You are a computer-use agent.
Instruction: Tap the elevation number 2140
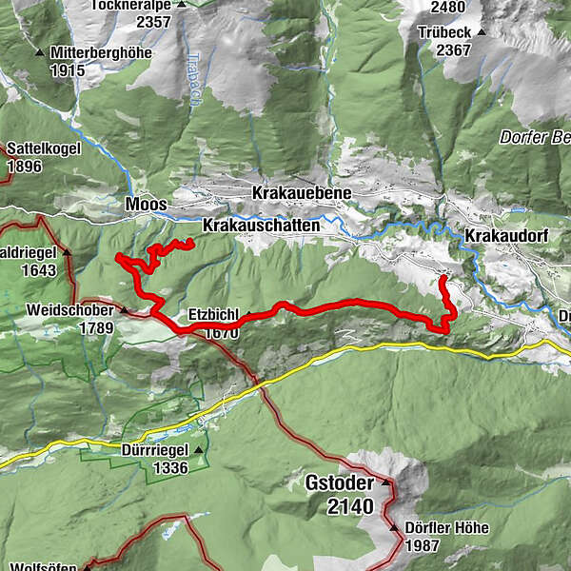pyautogui.click(x=349, y=506)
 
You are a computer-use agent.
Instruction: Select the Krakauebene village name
pyautogui.click(x=302, y=193)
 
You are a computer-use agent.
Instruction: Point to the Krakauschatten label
pyautogui.click(x=261, y=226)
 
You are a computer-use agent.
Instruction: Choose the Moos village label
pyautogui.click(x=146, y=205)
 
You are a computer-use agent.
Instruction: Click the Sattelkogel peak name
pyautogui.click(x=44, y=149)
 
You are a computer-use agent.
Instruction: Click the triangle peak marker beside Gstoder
pyautogui.click(x=386, y=483)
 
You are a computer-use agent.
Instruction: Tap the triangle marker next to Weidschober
pyautogui.click(x=122, y=310)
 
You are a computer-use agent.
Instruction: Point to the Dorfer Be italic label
pyautogui.click(x=534, y=137)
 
